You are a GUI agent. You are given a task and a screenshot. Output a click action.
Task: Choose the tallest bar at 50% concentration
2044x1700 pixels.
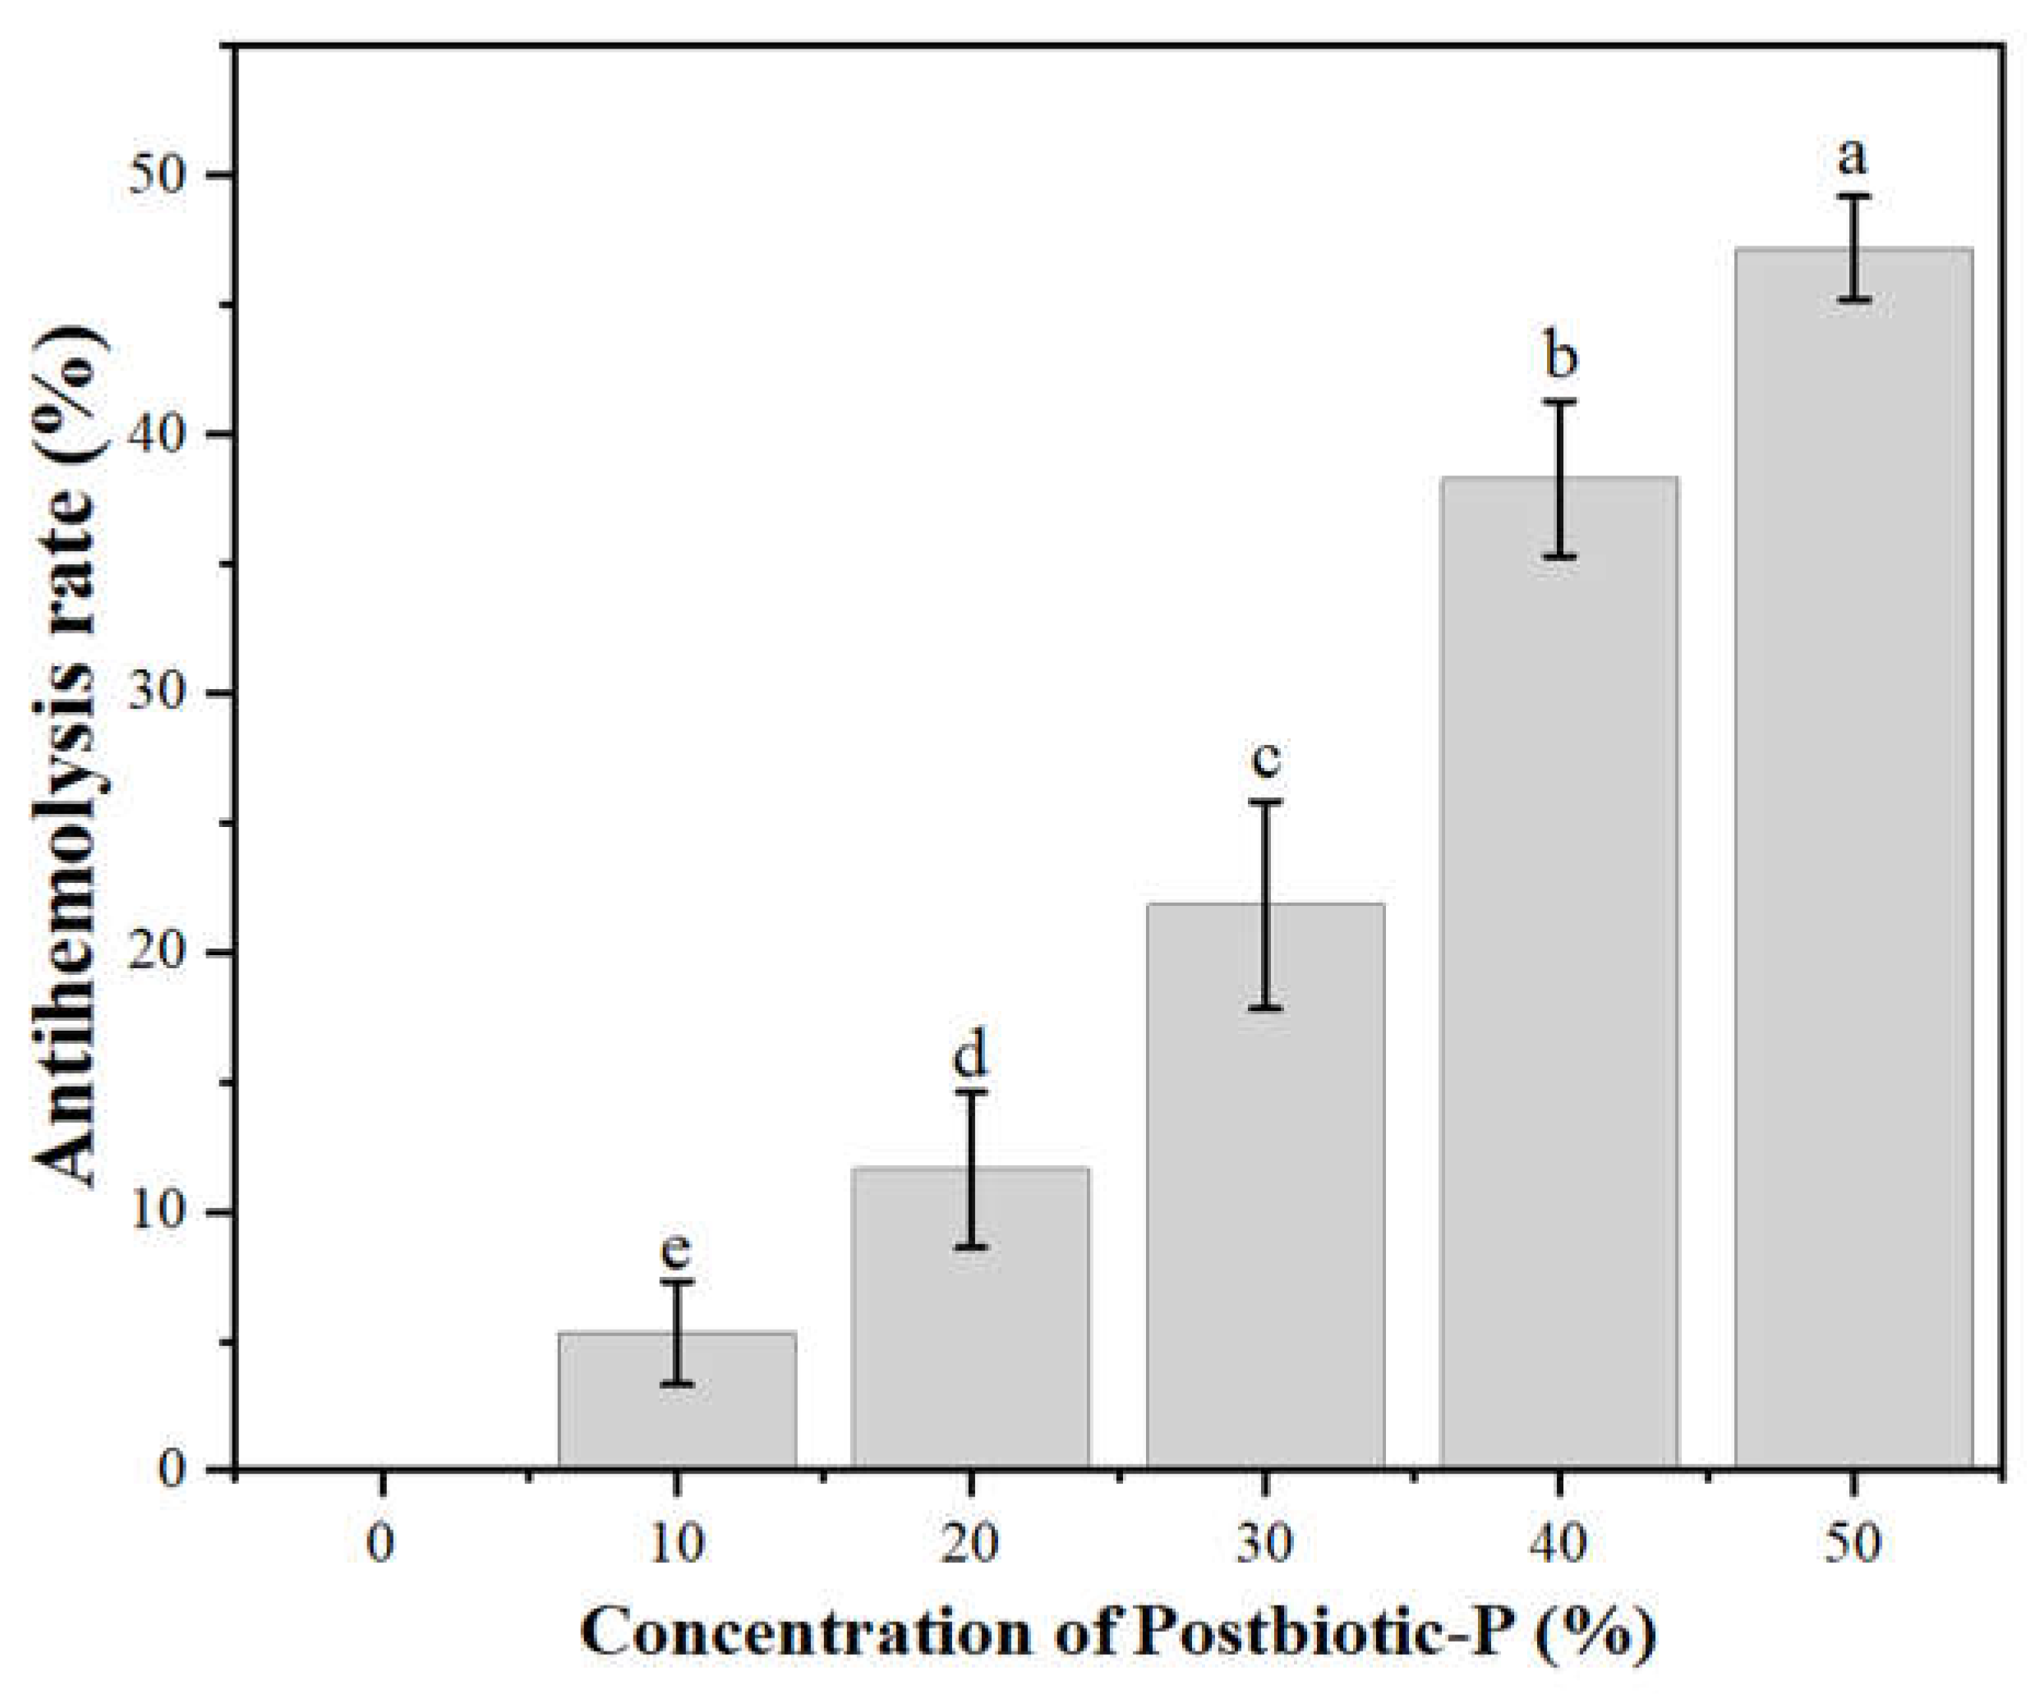point(1853,875)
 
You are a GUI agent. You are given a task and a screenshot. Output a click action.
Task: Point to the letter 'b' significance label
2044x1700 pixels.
point(1560,358)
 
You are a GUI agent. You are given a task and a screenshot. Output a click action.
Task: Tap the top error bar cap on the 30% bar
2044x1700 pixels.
point(1264,802)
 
